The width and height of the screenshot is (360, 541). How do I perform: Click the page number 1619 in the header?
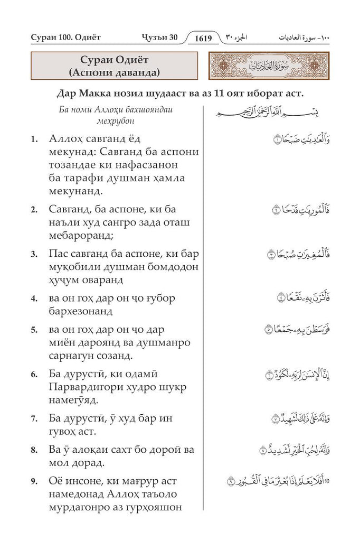tap(203, 38)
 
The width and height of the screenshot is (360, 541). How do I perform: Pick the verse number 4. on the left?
tap(34, 299)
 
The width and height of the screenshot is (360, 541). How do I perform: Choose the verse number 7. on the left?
tap(34, 418)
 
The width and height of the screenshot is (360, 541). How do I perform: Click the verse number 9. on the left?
tap(34, 481)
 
